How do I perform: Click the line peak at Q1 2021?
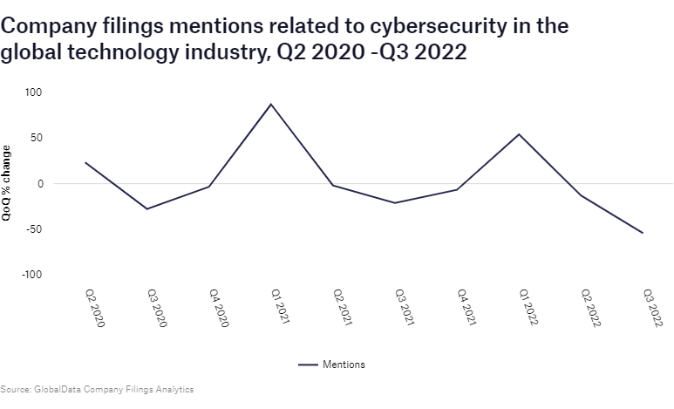coord(271,105)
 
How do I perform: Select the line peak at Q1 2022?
coord(520,134)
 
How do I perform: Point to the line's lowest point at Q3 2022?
coord(643,233)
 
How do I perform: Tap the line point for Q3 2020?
coord(146,209)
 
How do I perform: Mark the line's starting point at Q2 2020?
coord(85,162)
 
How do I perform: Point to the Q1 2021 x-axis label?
coord(280,308)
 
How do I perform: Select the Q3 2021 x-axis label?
coord(404,308)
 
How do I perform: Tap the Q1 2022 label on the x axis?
coord(528,308)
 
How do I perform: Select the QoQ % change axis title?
coord(7,183)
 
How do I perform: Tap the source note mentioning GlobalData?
coord(97,389)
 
